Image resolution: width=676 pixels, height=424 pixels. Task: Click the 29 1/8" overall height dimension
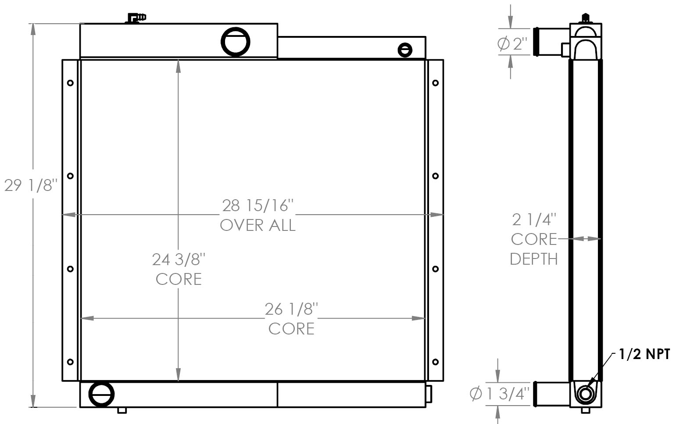point(31,185)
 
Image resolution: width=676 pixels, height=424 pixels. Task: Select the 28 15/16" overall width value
point(257,205)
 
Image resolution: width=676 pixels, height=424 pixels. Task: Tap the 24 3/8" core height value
point(179,259)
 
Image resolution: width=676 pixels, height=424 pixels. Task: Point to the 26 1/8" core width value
point(291,309)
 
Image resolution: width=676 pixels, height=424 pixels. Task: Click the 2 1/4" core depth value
point(534,219)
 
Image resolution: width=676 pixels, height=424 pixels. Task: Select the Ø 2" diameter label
point(511,43)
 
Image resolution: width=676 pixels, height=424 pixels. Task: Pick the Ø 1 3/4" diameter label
point(499,394)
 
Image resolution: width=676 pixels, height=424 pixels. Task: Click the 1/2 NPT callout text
point(644,354)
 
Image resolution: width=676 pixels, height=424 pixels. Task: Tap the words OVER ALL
point(258,225)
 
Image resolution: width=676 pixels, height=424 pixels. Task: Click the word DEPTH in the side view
point(534,259)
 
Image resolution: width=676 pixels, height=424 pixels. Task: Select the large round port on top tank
point(235,42)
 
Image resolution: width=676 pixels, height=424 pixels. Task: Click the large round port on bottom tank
point(101,394)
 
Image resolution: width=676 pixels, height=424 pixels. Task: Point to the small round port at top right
point(404,50)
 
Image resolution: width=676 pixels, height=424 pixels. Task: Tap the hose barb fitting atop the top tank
point(136,18)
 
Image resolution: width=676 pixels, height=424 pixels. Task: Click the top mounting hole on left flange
point(70,83)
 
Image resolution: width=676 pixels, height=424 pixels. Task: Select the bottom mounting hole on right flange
point(435,362)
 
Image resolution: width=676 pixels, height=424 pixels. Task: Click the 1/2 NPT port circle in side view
point(585,394)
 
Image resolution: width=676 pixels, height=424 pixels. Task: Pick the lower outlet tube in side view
point(551,395)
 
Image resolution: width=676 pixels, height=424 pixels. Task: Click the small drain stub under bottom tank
point(122,410)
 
